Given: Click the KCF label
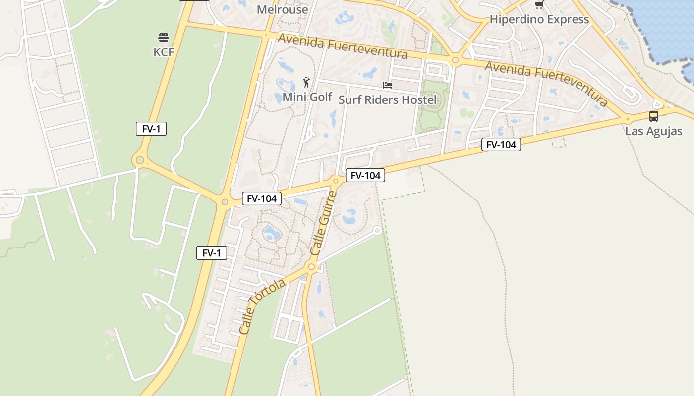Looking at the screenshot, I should [x=164, y=52].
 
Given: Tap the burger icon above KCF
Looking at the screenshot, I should [x=164, y=38].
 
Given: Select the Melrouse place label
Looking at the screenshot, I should [x=283, y=9].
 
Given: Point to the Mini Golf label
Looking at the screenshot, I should [x=307, y=97].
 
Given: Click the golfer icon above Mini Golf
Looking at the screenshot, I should [x=306, y=82].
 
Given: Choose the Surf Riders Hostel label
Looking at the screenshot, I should [x=387, y=100].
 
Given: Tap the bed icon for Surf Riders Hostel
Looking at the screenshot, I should [x=388, y=86].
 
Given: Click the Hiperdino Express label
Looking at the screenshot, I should [x=539, y=20].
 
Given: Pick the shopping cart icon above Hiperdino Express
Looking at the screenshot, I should [x=539, y=5].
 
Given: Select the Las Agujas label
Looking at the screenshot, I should [x=653, y=131].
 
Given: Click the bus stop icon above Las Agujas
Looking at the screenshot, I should [x=653, y=116].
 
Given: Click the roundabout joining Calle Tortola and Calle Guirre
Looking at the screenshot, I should [x=311, y=267].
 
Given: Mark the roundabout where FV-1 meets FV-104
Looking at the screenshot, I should [x=225, y=202].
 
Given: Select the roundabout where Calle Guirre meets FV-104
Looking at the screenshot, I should [x=336, y=181].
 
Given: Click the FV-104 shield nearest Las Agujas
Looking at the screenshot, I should [x=501, y=145].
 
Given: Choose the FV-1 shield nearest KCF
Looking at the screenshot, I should [x=151, y=129].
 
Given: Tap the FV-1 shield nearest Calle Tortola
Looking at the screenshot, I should [x=212, y=253].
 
